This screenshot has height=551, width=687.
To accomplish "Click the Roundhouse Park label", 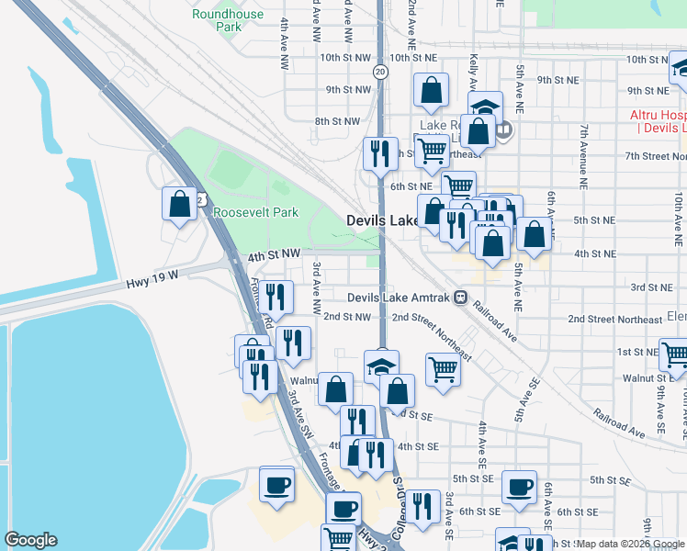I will pyautogui.click(x=216, y=20).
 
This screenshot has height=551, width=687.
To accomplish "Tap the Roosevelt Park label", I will pyautogui.click(x=255, y=212).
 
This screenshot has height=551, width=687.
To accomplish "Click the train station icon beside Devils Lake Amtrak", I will pyautogui.click(x=459, y=298).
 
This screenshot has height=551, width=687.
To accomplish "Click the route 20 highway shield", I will pyautogui.click(x=380, y=71).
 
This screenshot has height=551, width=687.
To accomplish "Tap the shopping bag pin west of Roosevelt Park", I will pyautogui.click(x=180, y=204).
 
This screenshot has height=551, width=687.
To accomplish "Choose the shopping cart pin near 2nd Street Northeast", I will pyautogui.click(x=443, y=370).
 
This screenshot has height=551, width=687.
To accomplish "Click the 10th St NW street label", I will pyautogui.click(x=345, y=57).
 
